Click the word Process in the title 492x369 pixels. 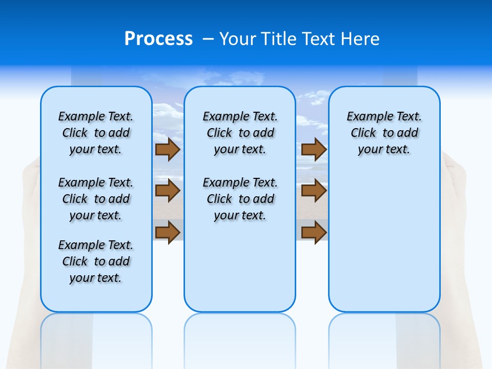point(158,39)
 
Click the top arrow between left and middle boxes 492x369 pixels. point(168,150)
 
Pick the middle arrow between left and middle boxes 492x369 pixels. point(168,191)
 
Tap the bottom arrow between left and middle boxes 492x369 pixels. point(168,232)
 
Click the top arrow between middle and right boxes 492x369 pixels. point(314,150)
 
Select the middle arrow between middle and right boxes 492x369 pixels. point(314,191)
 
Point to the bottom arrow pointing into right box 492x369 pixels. point(314,232)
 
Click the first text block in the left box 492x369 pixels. point(96,133)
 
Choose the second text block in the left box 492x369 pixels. point(96,199)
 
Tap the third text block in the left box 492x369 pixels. point(96,261)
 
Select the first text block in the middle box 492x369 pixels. point(240,133)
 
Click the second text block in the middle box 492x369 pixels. point(240,199)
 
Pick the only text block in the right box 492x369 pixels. point(384,133)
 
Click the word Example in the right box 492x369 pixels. point(365,117)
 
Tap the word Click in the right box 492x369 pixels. point(363,133)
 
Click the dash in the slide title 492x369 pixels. point(209,39)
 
